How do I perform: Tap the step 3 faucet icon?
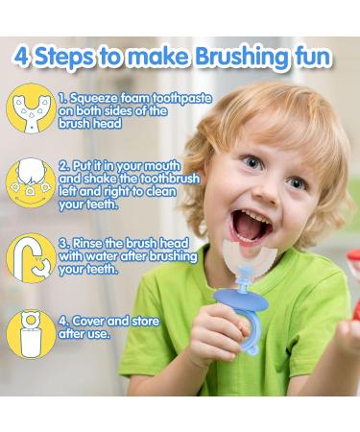coord(30,257)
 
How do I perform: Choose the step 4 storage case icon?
coord(29,330)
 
